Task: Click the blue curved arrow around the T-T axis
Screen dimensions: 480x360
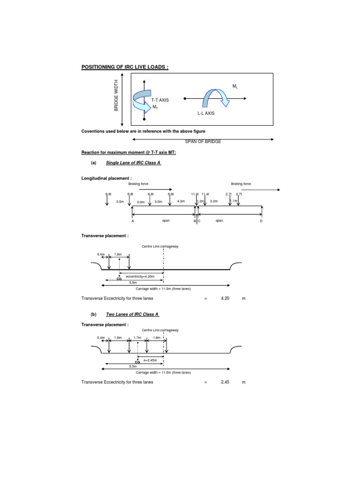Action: coord(141,99)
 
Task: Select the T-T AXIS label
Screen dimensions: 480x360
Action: coord(160,100)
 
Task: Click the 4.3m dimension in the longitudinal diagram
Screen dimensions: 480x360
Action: coord(181,202)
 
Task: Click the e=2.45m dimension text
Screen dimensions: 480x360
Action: coord(150,360)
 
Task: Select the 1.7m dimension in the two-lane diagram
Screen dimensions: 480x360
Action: coord(137,337)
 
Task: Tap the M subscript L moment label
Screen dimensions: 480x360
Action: coord(235,87)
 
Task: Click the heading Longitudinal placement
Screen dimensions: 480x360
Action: coord(105,179)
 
